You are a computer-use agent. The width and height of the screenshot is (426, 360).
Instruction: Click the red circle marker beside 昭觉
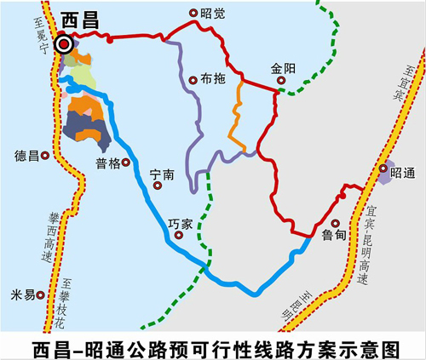click(193, 13)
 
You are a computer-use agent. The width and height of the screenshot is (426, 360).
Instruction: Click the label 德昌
click(26, 156)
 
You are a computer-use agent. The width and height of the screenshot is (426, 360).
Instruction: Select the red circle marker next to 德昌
click(48, 157)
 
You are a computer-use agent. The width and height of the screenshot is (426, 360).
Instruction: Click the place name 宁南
click(161, 174)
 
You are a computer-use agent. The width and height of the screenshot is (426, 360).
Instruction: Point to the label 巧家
click(181, 223)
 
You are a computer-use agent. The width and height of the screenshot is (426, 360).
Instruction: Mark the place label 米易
click(22, 294)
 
